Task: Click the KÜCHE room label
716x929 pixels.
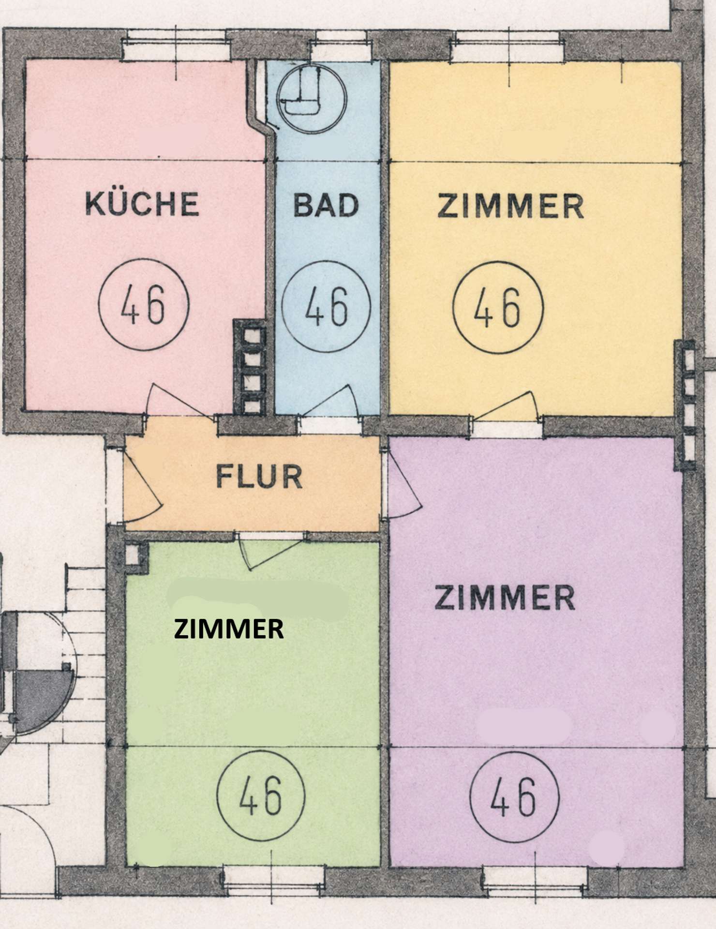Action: tap(142, 203)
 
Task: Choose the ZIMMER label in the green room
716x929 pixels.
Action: tap(229, 629)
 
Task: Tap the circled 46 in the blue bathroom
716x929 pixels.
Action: tap(326, 306)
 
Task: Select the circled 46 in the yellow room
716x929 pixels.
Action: tap(498, 307)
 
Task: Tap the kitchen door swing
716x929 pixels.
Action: tap(181, 401)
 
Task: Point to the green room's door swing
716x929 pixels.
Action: tap(269, 553)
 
